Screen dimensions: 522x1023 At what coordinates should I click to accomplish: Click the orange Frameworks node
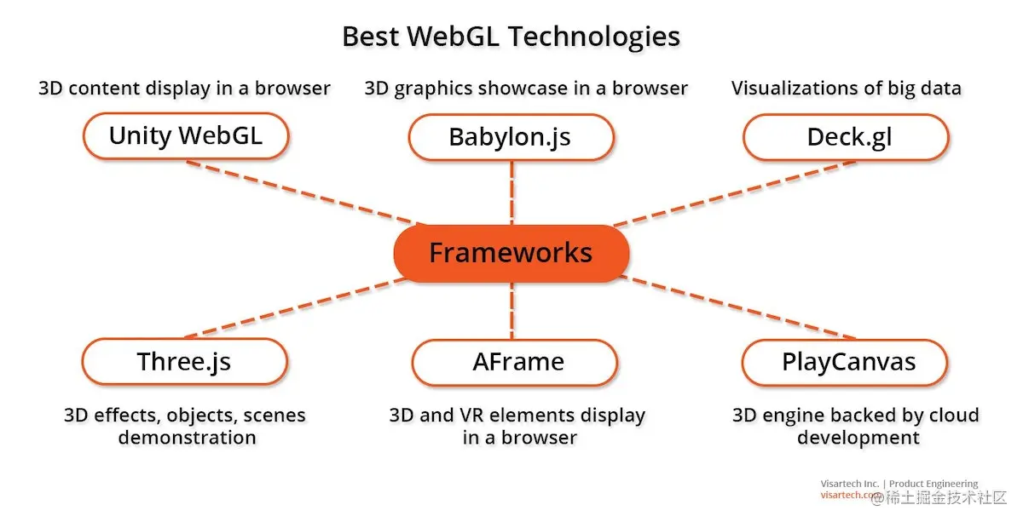pyautogui.click(x=511, y=253)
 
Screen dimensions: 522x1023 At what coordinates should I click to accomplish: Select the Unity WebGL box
pyautogui.click(x=186, y=135)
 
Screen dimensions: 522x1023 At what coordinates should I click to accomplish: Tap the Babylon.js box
pyautogui.click(x=510, y=137)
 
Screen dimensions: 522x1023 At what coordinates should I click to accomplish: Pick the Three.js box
pyautogui.click(x=184, y=362)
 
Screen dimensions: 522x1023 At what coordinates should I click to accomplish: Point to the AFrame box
pyautogui.click(x=514, y=362)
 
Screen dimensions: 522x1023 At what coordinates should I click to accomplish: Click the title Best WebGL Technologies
pyautogui.click(x=511, y=37)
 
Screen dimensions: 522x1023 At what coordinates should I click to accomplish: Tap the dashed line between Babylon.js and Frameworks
pyautogui.click(x=511, y=192)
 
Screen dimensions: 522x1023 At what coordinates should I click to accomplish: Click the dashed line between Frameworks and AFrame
pyautogui.click(x=511, y=311)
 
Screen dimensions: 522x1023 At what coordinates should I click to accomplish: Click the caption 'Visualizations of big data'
pyautogui.click(x=847, y=88)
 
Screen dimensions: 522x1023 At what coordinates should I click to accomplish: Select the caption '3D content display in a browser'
pyautogui.click(x=184, y=88)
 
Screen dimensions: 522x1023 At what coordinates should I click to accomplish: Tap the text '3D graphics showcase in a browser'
pyautogui.click(x=526, y=88)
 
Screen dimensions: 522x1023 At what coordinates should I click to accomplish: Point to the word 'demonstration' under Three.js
pyautogui.click(x=188, y=438)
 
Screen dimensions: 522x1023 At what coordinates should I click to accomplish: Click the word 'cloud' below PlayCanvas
pyautogui.click(x=952, y=416)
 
